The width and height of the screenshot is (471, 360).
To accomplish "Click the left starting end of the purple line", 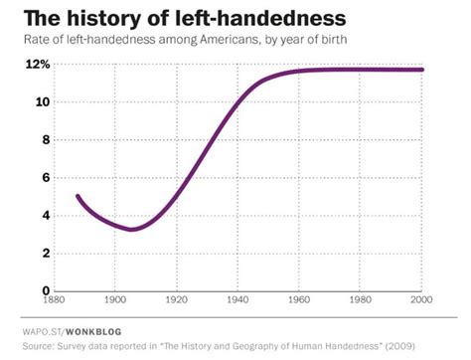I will [78, 197].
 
